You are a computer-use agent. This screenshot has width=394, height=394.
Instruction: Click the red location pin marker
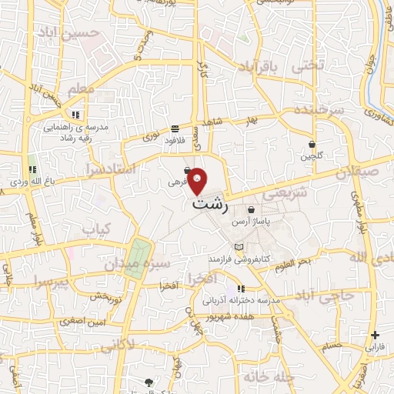coord(198,179)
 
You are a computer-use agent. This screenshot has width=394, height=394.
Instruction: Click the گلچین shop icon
coord(312,144)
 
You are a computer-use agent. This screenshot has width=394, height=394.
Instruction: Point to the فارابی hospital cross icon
coord(375,336)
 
